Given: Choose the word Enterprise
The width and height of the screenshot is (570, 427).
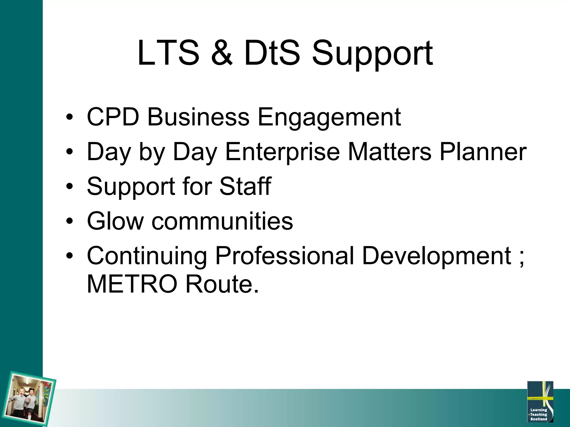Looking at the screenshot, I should (282, 152).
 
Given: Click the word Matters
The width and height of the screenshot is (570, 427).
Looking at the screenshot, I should (389, 152).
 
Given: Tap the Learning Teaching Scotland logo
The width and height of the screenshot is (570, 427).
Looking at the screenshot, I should (540, 401).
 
